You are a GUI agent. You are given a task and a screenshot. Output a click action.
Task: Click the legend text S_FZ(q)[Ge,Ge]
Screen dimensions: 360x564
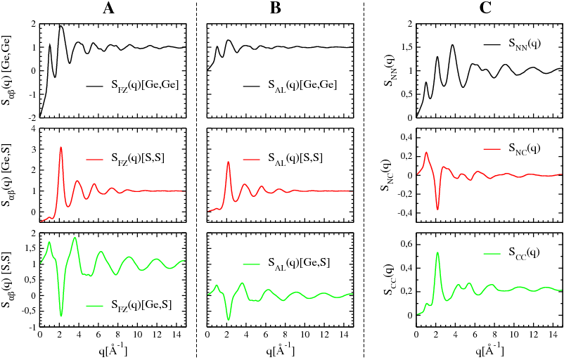click(x=142, y=85)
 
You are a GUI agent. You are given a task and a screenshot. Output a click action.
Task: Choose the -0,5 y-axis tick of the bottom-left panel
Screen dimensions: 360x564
click(x=30, y=311)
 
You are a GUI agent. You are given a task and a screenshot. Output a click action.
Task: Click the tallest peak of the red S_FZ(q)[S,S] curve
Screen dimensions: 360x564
click(x=61, y=147)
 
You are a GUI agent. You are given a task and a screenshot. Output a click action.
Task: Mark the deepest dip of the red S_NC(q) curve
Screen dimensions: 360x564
click(x=437, y=209)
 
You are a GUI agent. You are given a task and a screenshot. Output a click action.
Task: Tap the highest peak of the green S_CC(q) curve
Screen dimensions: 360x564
click(x=437, y=252)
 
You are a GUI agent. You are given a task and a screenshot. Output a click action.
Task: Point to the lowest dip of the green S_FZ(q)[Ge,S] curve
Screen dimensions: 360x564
click(x=61, y=315)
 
